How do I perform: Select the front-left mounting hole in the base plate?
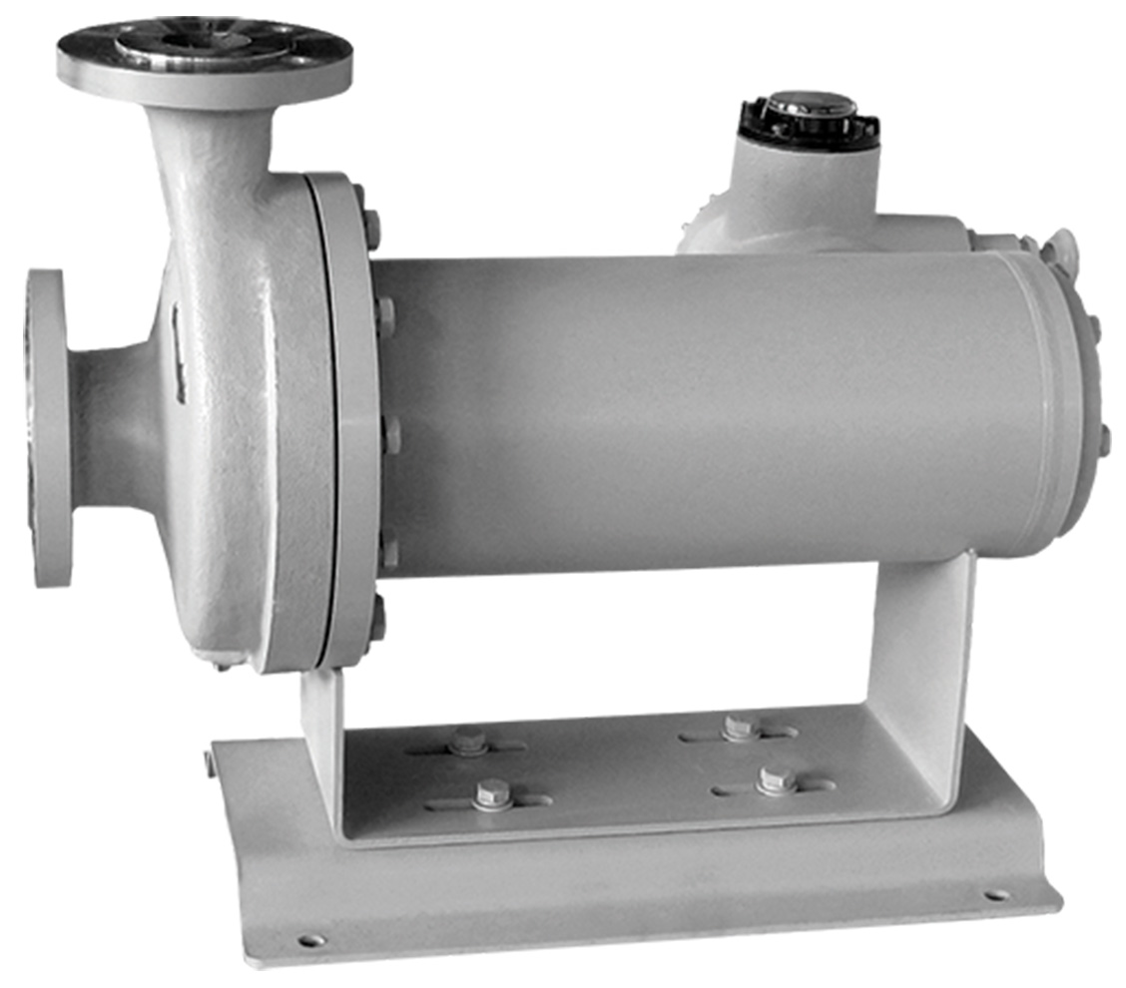(x=311, y=939)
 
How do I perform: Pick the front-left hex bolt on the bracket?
(x=491, y=794)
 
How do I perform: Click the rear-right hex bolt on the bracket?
(x=739, y=727)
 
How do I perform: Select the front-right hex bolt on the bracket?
(x=776, y=779)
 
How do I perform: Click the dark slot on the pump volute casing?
(x=179, y=354)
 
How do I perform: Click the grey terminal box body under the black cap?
(x=799, y=190)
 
